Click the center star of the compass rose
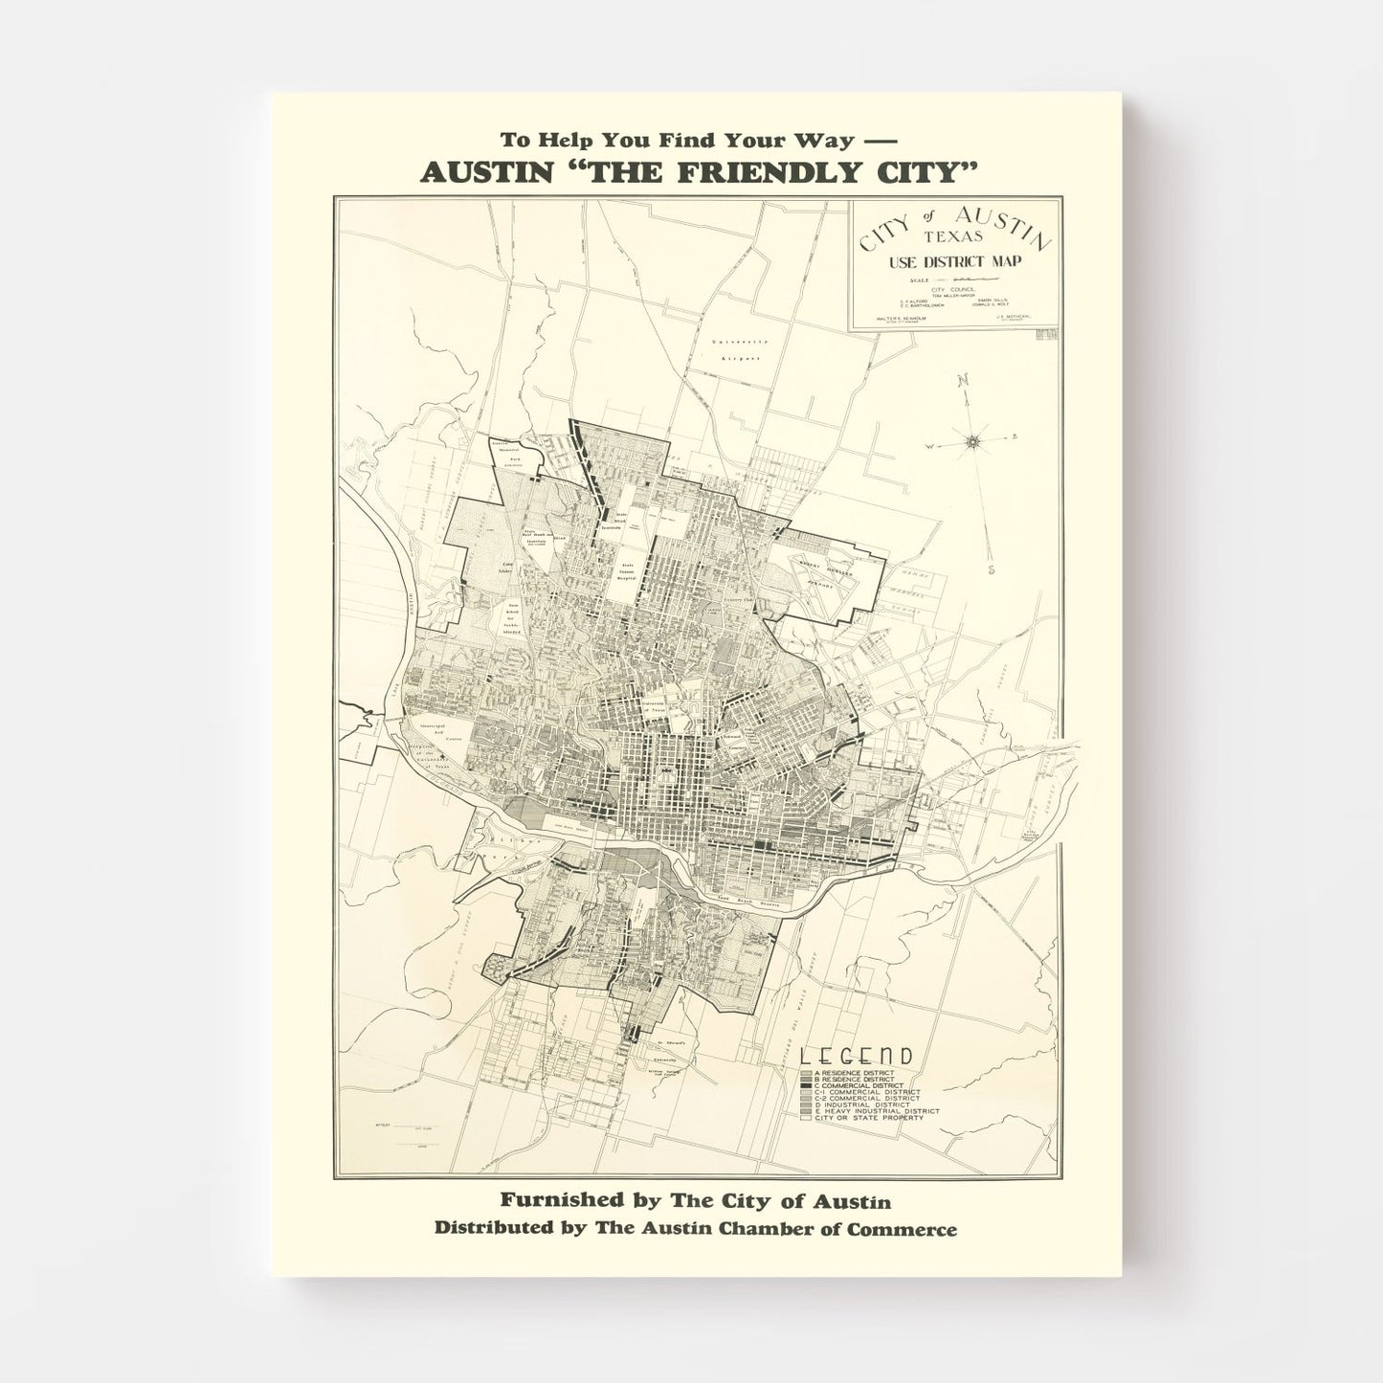click(x=973, y=441)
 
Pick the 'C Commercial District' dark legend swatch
click(x=806, y=1085)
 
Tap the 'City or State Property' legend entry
click(x=860, y=1118)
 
